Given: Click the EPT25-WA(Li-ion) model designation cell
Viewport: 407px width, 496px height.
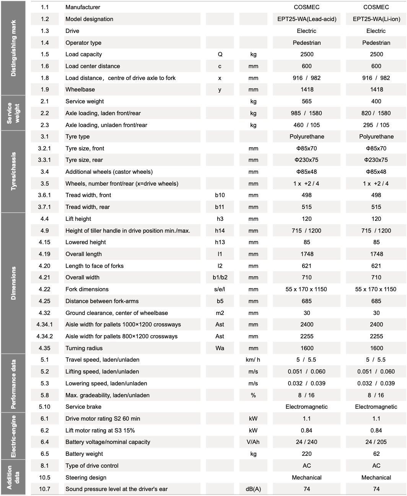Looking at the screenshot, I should [x=376, y=19].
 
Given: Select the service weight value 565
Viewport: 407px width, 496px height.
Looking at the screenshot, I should [x=307, y=101].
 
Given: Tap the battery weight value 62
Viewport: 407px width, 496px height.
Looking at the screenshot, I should [x=376, y=454].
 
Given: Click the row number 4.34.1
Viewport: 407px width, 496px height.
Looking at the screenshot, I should [x=45, y=325].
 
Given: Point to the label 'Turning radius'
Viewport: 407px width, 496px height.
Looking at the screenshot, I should [x=84, y=348].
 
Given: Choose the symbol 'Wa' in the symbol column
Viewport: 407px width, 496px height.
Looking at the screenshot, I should [x=220, y=348].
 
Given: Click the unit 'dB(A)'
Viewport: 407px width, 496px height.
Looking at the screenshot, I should [x=253, y=489].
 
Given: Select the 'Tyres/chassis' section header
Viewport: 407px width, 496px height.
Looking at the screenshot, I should [x=14, y=171].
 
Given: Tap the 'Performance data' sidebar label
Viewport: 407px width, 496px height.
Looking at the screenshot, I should [x=14, y=383].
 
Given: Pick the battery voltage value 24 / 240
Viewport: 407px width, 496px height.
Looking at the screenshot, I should [x=307, y=442].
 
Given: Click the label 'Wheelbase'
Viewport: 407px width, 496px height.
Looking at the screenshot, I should [x=80, y=90].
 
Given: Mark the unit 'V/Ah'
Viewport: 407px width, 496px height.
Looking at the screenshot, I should [x=253, y=442].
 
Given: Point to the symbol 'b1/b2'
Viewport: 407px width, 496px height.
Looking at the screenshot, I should [x=220, y=277].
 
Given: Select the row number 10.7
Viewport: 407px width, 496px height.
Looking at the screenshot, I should [x=45, y=489].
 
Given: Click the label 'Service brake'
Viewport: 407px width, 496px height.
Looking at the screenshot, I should [x=83, y=407].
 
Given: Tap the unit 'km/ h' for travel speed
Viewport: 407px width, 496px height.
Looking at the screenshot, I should [x=253, y=360].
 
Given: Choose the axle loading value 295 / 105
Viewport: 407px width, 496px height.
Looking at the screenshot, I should [x=376, y=125].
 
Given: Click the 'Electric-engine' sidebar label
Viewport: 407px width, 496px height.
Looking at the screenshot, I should [x=14, y=436].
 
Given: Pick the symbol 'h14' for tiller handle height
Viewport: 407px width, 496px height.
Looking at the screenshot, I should [x=220, y=231].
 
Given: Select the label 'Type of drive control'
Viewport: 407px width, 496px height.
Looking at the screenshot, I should [x=92, y=466].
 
